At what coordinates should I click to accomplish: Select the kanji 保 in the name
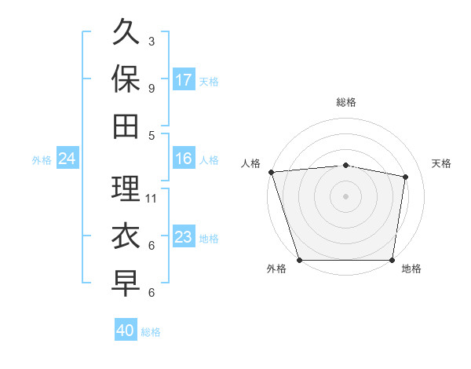126,79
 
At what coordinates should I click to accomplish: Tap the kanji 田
126,125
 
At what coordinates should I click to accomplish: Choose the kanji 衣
126,236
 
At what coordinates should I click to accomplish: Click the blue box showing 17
184,80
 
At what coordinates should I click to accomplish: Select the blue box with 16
184,159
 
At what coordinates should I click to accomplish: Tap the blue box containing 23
184,237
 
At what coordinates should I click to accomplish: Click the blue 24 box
67,159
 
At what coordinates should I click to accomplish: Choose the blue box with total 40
126,331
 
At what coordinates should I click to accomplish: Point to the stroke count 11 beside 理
152,199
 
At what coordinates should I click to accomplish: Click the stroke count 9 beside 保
151,88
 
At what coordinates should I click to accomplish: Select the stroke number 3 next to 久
151,41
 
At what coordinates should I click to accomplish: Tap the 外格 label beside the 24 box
42,160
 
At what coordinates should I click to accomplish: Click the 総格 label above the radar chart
345,102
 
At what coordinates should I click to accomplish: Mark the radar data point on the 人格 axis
272,172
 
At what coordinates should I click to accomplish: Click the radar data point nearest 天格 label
406,177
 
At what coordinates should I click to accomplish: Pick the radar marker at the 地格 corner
392,260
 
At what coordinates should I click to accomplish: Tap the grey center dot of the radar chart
345,196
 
